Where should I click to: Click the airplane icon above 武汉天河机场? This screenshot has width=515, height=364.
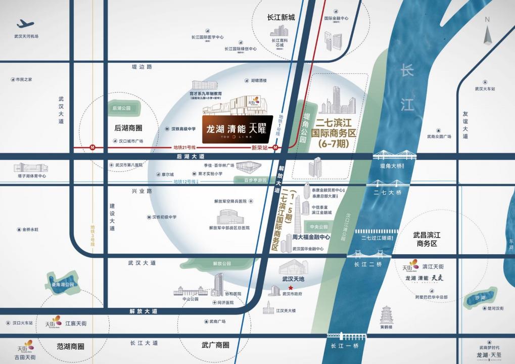pyautogui.click(x=25, y=24)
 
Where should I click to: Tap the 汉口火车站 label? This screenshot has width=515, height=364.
pyautogui.click(x=22, y=323)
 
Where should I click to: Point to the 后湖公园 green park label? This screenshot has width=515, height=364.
pyautogui.click(x=121, y=108)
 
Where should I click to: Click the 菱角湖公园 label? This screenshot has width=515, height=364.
pyautogui.click(x=63, y=284)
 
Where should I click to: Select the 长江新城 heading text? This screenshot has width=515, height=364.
pyautogui.click(x=281, y=18)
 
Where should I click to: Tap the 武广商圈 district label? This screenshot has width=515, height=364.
pyautogui.click(x=215, y=345)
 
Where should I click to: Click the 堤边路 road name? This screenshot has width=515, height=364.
pyautogui.click(x=142, y=67)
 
